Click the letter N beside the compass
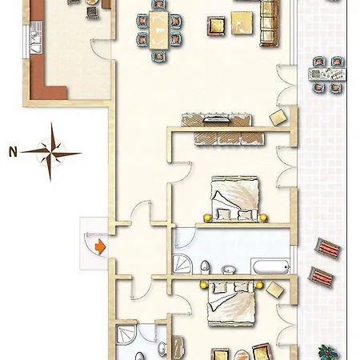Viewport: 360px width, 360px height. [13, 151]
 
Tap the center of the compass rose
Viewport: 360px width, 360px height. [51, 153]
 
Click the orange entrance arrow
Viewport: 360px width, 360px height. [100, 246]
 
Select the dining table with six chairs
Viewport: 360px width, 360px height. [159, 30]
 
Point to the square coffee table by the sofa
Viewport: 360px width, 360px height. [242, 23]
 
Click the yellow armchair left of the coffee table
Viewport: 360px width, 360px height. [216, 26]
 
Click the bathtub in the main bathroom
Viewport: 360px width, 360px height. [270, 266]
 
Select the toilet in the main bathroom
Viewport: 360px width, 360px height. [205, 267]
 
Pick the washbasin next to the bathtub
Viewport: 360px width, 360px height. [229, 270]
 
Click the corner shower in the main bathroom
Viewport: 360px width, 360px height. [182, 264]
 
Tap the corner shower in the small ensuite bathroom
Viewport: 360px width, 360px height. [126, 334]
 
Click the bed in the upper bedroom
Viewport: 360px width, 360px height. [234, 198]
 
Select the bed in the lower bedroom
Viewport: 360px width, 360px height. [231, 303]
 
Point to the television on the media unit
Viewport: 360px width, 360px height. [216, 119]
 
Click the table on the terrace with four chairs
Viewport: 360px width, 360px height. [327, 74]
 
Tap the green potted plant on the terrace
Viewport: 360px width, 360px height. [329, 352]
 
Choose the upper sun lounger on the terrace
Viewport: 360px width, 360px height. [328, 248]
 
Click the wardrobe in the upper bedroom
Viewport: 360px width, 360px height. [230, 138]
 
